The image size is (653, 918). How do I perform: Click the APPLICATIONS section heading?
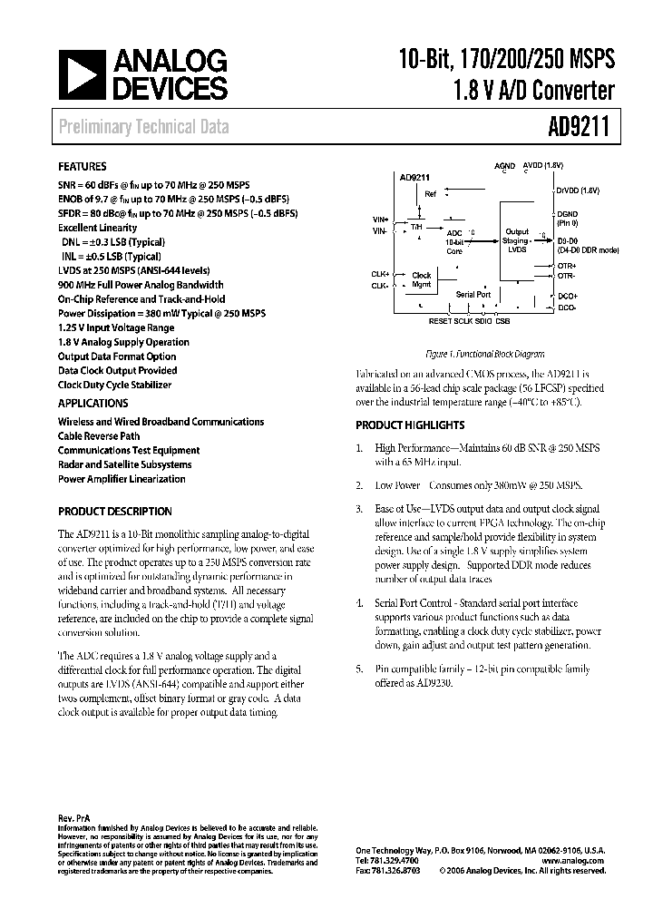click(93, 403)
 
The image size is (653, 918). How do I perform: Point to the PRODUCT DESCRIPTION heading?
click(114, 511)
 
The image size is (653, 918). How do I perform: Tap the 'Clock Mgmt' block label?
click(422, 279)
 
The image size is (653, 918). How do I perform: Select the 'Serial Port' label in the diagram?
click(473, 295)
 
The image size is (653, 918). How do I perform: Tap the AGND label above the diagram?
click(504, 166)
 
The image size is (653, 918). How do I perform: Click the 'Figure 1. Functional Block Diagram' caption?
click(485, 354)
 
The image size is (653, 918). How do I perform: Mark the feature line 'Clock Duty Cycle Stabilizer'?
click(114, 385)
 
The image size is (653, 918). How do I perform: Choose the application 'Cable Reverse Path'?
click(99, 435)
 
